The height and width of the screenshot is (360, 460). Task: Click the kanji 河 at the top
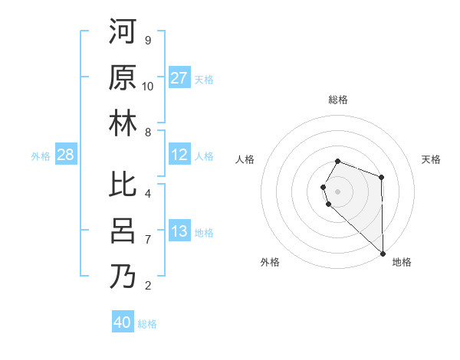123,31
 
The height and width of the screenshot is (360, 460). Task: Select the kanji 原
123,77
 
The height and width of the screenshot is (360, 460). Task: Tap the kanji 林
123,123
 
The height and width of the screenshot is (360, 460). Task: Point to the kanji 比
123,185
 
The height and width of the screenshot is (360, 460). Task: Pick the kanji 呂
123,231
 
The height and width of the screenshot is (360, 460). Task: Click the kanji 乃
123,277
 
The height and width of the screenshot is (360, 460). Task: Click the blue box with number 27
179,78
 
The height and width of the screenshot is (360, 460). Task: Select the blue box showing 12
179,155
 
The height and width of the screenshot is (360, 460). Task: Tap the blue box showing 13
179,231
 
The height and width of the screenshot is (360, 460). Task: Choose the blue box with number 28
66,155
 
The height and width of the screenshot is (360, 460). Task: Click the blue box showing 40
123,322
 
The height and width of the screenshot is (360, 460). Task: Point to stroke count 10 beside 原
148,87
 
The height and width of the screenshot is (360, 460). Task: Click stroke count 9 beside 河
147,41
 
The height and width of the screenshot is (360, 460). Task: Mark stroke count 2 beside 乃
147,286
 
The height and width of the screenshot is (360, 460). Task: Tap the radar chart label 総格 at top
338,100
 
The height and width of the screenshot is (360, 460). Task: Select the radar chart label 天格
432,159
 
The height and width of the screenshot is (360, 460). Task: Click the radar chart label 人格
245,159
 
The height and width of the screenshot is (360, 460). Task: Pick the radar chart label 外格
269,262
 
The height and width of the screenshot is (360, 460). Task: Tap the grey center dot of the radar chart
337,190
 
